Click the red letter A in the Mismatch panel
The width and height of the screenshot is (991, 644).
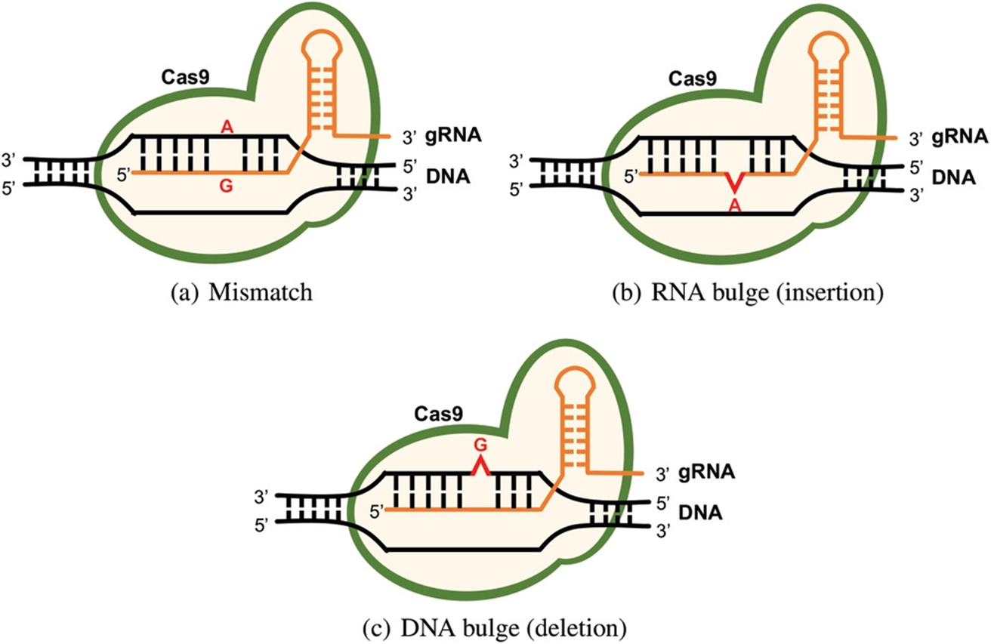point(225,128)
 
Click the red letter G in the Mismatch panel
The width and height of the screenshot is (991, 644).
point(225,186)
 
